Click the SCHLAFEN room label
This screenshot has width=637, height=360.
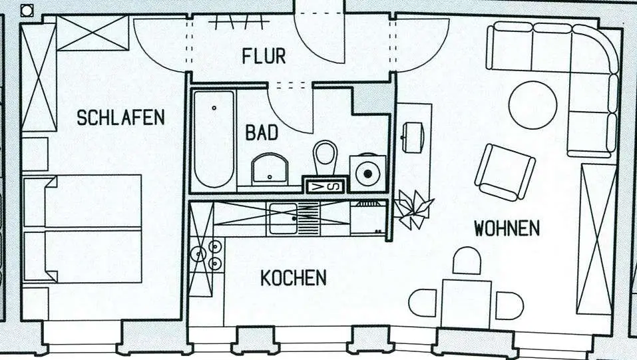(x=120, y=118)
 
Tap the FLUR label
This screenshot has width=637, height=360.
(x=264, y=56)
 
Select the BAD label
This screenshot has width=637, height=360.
(x=262, y=132)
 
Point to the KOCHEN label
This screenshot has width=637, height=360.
(x=293, y=277)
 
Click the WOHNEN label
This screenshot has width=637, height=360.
(x=507, y=228)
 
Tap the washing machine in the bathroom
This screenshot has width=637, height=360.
(x=367, y=173)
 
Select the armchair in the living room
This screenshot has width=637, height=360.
(x=505, y=172)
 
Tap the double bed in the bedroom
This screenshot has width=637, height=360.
(x=83, y=228)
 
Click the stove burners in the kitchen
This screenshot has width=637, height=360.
(x=206, y=255)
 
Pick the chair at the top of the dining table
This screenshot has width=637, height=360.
(x=467, y=261)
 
